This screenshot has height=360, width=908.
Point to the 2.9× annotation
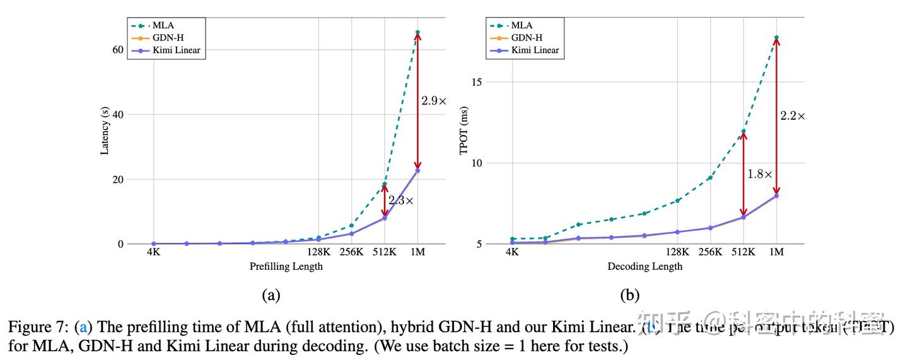pyautogui.click(x=434, y=101)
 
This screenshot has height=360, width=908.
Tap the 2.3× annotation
pyautogui.click(x=400, y=201)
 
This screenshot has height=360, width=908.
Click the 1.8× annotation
pyautogui.click(x=759, y=174)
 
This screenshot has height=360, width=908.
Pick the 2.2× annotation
pyautogui.click(x=792, y=116)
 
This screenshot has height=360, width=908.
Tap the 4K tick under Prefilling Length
pyautogui.click(x=153, y=252)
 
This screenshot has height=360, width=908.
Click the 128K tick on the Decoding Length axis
pyautogui.click(x=678, y=252)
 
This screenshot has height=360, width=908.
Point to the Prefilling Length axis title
pyautogui.click(x=286, y=266)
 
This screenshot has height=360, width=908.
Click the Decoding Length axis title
pyautogui.click(x=644, y=266)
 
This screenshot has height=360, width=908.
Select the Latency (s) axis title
pyautogui.click(x=105, y=131)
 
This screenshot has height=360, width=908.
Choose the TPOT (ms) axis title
pyautogui.click(x=464, y=131)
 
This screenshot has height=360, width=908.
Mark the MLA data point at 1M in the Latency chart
pyautogui.click(x=417, y=32)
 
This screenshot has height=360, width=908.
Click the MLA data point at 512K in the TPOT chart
pyautogui.click(x=743, y=132)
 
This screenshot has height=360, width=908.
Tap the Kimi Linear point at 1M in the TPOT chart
pyautogui.click(x=776, y=195)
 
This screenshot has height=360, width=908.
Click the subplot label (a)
pyautogui.click(x=271, y=295)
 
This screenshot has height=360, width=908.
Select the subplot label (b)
pyautogui.click(x=629, y=295)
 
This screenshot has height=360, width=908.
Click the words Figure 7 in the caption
pyautogui.click(x=37, y=328)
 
